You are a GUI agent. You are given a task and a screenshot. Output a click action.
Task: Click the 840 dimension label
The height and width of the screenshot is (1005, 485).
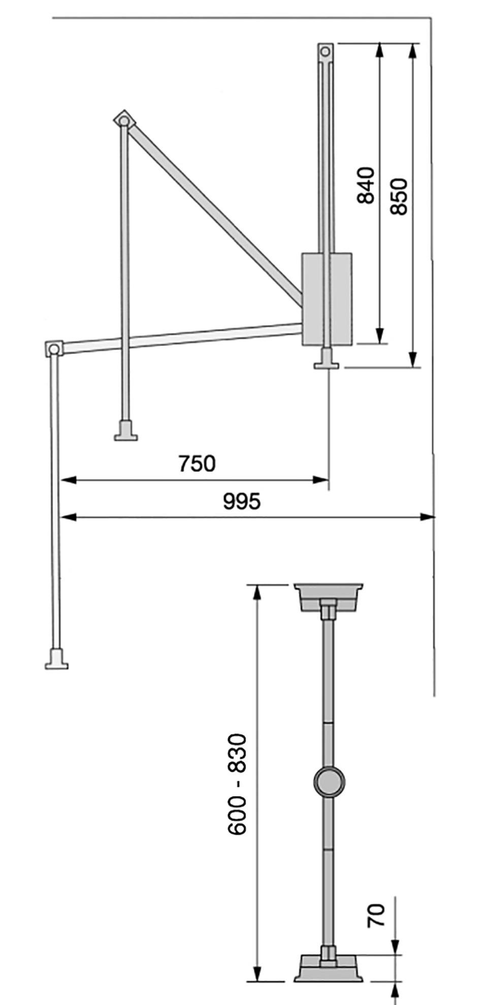coord(366,185)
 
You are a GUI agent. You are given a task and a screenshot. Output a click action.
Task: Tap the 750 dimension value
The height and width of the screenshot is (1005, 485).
coord(197,463)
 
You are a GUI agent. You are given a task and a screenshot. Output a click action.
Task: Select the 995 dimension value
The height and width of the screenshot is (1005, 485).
coord(242,501)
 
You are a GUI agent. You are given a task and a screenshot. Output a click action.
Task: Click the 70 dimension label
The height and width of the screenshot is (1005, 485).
coord(376,915)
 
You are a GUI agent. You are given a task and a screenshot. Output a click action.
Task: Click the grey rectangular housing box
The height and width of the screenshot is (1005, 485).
coord(327,299)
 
